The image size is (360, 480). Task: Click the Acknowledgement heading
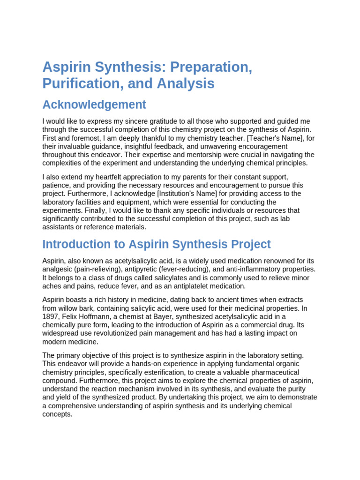pyautogui.click(x=94, y=105)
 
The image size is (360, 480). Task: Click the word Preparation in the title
pyautogui.click(x=211, y=67)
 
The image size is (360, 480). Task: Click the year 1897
pyautogui.click(x=51, y=316)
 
